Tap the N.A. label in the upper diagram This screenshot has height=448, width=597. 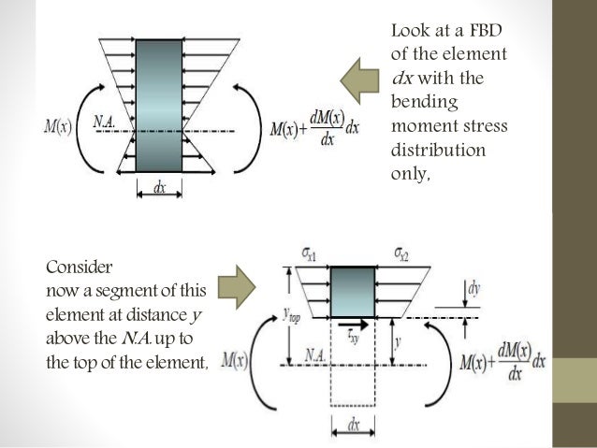(x=105, y=121)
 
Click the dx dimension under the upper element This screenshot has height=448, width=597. (x=161, y=187)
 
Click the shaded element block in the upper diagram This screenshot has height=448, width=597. (x=160, y=105)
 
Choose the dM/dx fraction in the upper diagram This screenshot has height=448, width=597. (x=327, y=125)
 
